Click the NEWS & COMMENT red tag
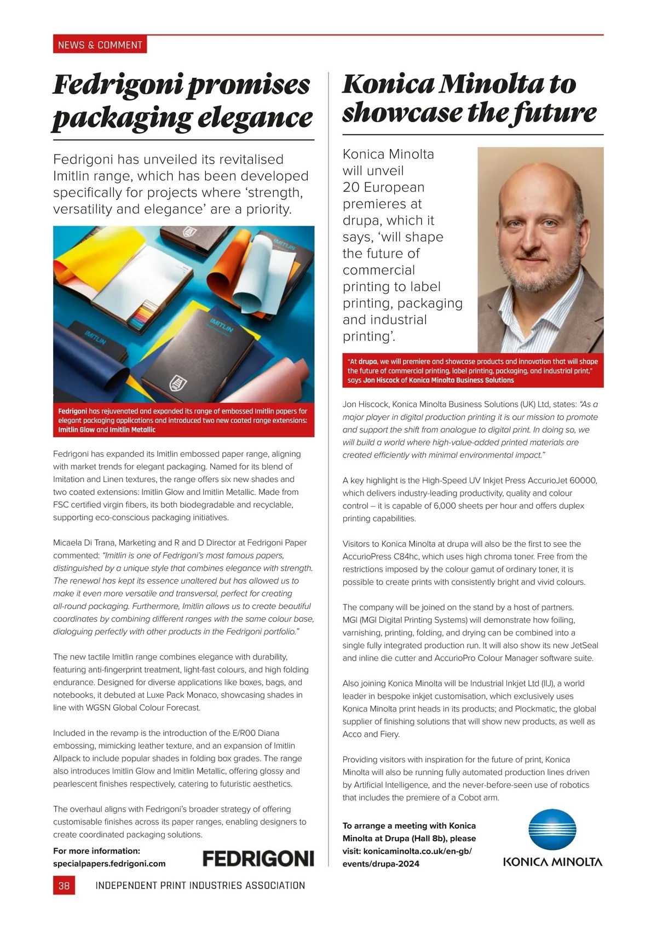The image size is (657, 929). (x=100, y=45)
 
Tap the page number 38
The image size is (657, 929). (x=64, y=885)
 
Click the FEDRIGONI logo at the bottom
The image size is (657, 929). (x=258, y=858)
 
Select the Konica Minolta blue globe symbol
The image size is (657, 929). (x=552, y=830)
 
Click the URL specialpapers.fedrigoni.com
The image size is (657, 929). (x=109, y=863)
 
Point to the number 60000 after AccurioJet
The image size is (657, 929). (x=583, y=480)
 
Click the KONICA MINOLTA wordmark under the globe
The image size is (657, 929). (x=552, y=862)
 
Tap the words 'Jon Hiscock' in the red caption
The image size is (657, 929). (x=381, y=380)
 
